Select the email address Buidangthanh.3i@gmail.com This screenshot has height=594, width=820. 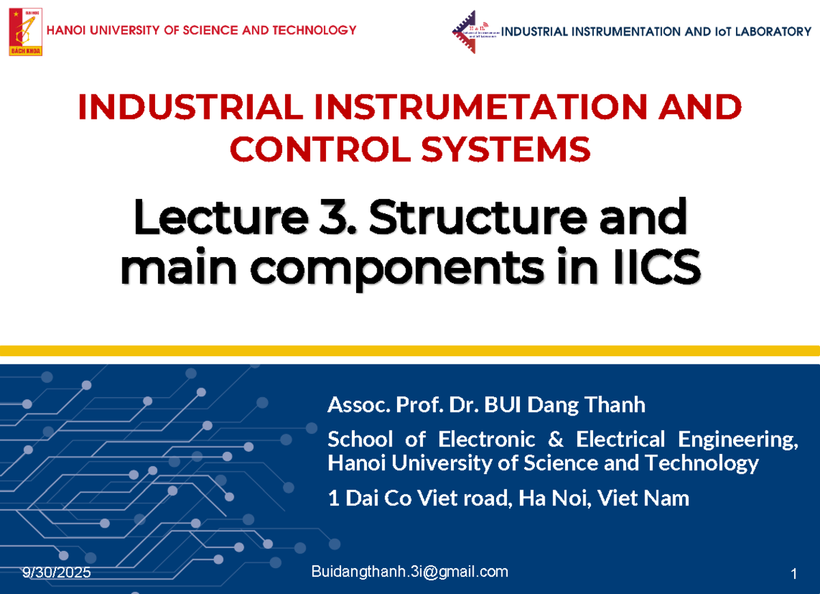409,572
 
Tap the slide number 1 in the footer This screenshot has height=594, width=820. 793,575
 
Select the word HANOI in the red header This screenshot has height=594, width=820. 66,30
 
